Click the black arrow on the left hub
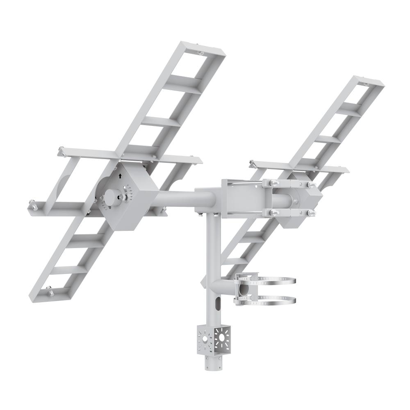click(x=120, y=176)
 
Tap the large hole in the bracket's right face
click(x=222, y=337)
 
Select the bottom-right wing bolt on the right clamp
click(x=310, y=212)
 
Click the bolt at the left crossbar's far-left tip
click(x=61, y=151)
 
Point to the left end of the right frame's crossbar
click(x=253, y=164)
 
